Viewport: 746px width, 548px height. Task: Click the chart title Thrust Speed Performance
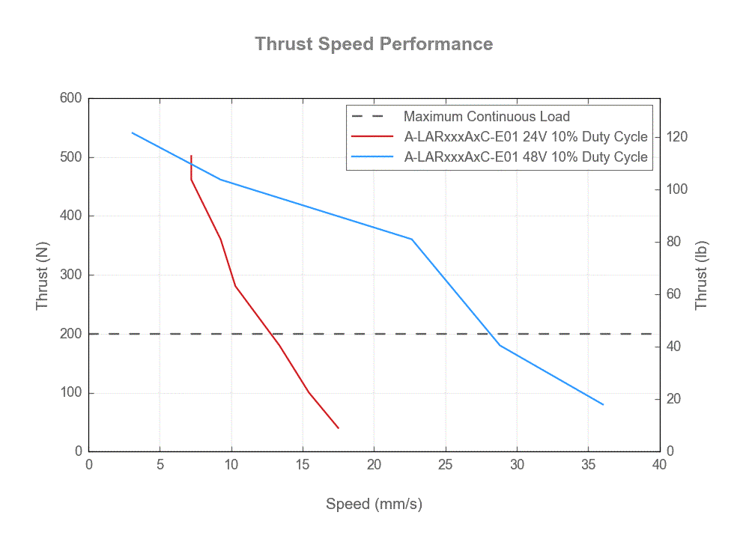coord(373,43)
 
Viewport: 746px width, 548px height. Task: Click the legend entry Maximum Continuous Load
coord(486,117)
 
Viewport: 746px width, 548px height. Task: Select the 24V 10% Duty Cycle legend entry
coord(525,137)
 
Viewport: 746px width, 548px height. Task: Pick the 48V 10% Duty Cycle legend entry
coord(525,157)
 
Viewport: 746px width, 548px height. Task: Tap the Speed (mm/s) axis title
coord(374,504)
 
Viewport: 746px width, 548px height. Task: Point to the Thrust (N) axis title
coord(43,275)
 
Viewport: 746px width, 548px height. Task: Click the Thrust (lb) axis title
coord(701,275)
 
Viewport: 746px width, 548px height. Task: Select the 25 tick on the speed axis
coord(446,465)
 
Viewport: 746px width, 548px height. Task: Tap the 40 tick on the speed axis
coord(659,465)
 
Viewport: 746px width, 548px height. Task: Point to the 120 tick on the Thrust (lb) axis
coord(677,137)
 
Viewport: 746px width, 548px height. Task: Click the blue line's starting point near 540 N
coord(133,133)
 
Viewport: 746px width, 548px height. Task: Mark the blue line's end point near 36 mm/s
coord(603,404)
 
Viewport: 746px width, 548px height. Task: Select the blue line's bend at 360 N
coord(412,239)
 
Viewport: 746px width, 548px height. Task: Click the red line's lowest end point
coord(339,428)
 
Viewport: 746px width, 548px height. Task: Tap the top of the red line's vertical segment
coord(192,156)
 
